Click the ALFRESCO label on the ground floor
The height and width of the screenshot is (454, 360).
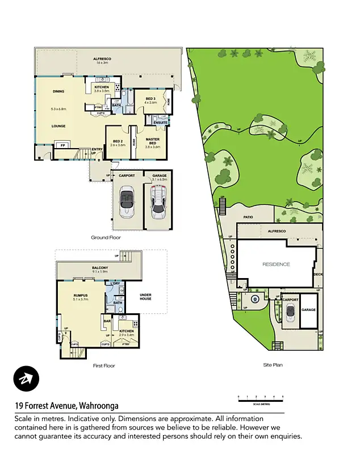click(102, 58)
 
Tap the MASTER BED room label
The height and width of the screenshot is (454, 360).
click(153, 141)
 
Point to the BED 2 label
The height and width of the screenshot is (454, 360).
click(118, 142)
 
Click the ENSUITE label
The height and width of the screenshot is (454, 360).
click(160, 123)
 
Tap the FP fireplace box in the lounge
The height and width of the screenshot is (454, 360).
click(62, 145)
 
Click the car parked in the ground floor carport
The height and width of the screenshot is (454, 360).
click(125, 201)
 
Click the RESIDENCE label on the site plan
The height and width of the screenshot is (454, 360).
click(276, 264)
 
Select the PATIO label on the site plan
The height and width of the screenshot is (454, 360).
click(248, 216)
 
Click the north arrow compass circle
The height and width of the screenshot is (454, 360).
click(26, 379)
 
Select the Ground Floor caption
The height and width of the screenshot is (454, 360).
click(106, 238)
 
